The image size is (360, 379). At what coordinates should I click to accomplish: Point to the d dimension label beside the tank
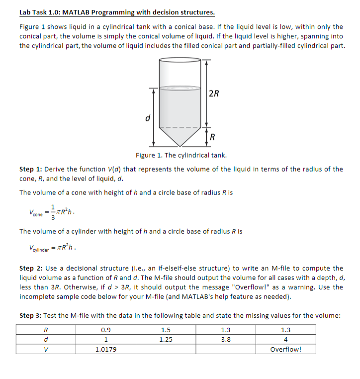tap(147, 118)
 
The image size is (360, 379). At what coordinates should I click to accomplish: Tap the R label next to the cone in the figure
tap(213, 137)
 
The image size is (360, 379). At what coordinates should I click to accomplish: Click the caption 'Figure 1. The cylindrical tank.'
tap(181, 155)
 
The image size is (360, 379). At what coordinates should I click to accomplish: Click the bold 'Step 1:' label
tap(30, 169)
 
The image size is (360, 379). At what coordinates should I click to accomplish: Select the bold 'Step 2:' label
tap(30, 268)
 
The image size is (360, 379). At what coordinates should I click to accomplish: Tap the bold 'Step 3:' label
tap(30, 315)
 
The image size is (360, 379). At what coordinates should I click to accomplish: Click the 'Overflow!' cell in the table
tap(285, 349)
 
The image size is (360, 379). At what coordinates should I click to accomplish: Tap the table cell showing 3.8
tap(225, 339)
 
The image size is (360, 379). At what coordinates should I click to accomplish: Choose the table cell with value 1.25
tap(166, 339)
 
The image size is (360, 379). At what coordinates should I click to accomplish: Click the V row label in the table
tap(46, 349)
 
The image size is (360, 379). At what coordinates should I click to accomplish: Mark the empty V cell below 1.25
tap(166, 349)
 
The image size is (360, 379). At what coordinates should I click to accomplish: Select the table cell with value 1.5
tap(166, 329)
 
